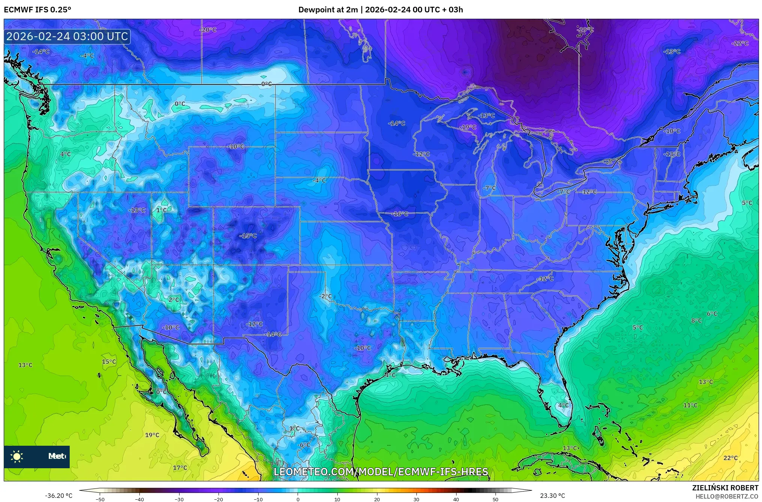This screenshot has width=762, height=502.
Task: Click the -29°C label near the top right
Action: [x=585, y=30]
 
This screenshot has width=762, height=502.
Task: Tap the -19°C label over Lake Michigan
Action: [x=468, y=127]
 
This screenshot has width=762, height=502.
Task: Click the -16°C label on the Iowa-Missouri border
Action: [x=400, y=214]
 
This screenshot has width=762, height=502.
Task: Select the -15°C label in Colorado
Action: [x=248, y=236]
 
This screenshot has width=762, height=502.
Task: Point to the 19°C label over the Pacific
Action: [x=152, y=435]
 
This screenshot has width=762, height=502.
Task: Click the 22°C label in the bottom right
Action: [x=731, y=458]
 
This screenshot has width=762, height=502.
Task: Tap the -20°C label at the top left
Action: [x=208, y=30]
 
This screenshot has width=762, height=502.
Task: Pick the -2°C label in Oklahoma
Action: [x=325, y=296]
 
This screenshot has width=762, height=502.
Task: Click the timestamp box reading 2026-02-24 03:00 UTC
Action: [x=67, y=36]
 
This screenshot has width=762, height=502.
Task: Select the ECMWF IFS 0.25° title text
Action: [x=37, y=10]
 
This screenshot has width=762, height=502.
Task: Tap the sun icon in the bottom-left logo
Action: [x=17, y=457]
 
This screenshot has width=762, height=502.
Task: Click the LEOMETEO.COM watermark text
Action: [x=381, y=472]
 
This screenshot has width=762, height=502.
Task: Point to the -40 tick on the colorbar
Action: [x=139, y=499]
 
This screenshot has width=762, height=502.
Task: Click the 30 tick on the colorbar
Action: [x=416, y=499]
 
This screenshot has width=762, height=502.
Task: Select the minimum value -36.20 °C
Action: [x=59, y=496]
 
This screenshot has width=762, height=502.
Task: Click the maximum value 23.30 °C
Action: [x=552, y=496]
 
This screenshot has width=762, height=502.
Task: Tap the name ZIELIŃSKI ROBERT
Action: [x=725, y=488]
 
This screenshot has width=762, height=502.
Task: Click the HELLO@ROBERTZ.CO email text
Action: [x=727, y=496]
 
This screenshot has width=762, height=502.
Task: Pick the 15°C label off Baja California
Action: [x=109, y=362]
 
